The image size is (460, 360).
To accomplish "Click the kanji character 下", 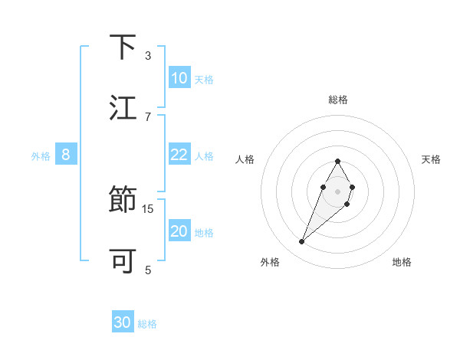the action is click(123, 47).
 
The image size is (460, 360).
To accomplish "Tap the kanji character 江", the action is click(123, 107).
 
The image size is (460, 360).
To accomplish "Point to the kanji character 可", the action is click(123, 261).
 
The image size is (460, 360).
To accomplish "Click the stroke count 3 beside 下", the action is click(148, 55).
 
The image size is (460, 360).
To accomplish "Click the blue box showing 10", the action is click(179, 78).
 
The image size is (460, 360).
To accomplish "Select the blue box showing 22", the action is click(179, 155).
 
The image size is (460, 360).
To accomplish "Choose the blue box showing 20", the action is click(179, 231).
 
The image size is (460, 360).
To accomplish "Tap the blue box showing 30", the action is click(123, 323).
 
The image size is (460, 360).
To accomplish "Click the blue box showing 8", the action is click(66, 155).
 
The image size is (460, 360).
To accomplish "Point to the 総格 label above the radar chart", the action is click(338, 100).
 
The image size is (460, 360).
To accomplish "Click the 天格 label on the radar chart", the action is click(432, 159).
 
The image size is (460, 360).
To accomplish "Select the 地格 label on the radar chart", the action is click(402, 262).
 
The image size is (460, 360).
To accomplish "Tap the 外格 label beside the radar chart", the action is click(270, 262).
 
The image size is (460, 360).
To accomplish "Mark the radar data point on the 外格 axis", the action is click(302, 242).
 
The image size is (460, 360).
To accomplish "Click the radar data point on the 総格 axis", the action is click(337, 162).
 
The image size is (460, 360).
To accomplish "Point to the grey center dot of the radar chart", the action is click(337, 191).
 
